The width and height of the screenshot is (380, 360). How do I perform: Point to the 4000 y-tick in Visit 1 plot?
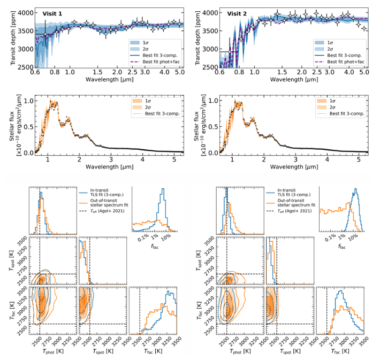24,11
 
